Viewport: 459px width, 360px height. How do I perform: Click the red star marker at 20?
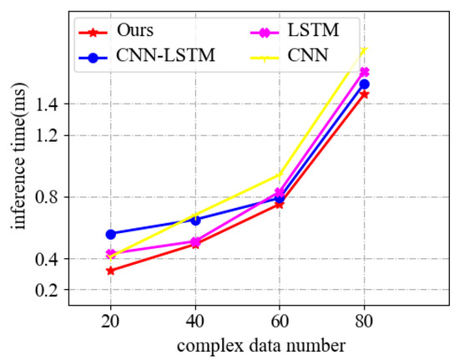[111, 271]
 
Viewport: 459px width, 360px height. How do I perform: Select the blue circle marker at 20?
[111, 234]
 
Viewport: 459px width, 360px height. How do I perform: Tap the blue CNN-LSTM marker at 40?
[195, 220]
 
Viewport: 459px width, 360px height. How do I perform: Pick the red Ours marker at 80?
[364, 94]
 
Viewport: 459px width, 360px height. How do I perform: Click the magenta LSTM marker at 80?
[364, 72]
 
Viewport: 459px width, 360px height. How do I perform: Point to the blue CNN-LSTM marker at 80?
[364, 84]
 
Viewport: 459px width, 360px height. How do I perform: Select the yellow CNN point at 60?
[280, 175]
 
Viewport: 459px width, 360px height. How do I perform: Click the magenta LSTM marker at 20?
[111, 253]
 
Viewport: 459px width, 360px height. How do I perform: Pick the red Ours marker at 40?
[195, 244]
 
